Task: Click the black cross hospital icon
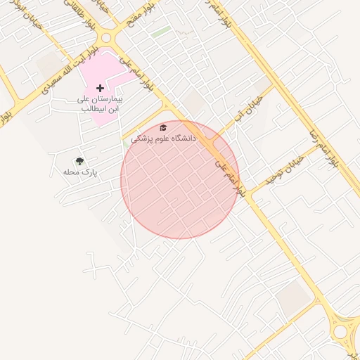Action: [99, 89]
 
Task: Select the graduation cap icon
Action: [163, 128]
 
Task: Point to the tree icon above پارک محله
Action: [79, 162]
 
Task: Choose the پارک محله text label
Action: [79, 172]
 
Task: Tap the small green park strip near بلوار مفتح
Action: [161, 32]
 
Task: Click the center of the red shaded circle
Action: [180, 179]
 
